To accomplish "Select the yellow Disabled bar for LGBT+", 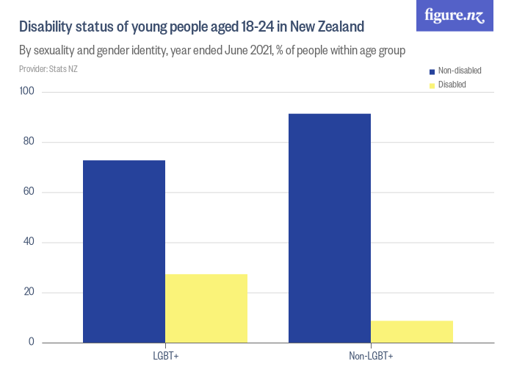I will click(x=206, y=308).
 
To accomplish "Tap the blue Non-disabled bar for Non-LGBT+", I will click(x=330, y=228).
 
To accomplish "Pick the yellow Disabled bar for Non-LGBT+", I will click(x=412, y=332).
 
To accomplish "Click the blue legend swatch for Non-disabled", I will click(x=432, y=71).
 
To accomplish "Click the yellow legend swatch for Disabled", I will click(x=432, y=85).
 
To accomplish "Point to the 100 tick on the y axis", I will click(x=28, y=92).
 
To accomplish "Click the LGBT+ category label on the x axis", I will click(x=165, y=357).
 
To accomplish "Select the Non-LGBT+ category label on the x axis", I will click(x=371, y=357).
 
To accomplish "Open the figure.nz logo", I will click(x=455, y=15).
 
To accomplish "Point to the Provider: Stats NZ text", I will click(x=48, y=69).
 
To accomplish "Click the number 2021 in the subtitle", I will click(x=264, y=51).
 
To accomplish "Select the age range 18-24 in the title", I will click(x=251, y=27).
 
